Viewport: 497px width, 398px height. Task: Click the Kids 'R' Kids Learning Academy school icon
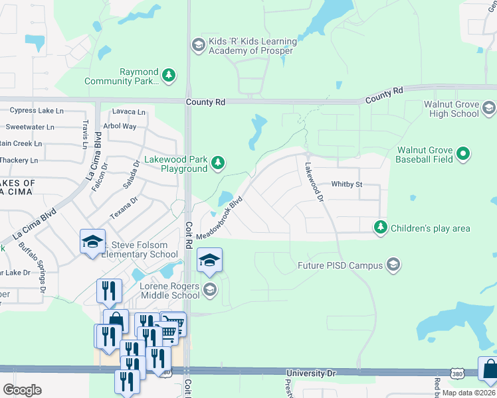pyautogui.click(x=197, y=45)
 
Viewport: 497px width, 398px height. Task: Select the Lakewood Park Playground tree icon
pyautogui.click(x=217, y=163)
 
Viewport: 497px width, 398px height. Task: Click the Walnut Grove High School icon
pyautogui.click(x=489, y=107)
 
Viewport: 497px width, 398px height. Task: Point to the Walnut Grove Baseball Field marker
pyautogui.click(x=464, y=155)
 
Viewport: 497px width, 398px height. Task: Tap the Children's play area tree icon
pyautogui.click(x=380, y=228)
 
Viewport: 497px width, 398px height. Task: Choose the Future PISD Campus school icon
pyautogui.click(x=393, y=265)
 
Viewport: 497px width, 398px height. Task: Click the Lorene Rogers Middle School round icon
pyautogui.click(x=210, y=289)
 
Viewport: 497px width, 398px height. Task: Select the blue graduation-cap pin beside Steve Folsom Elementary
pyautogui.click(x=92, y=241)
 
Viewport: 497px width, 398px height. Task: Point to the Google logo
pyautogui.click(x=22, y=390)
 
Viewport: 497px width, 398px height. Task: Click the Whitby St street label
pyautogui.click(x=346, y=184)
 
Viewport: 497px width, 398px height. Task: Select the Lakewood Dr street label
pyautogui.click(x=314, y=183)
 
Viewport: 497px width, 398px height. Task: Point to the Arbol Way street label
pyautogui.click(x=120, y=126)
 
